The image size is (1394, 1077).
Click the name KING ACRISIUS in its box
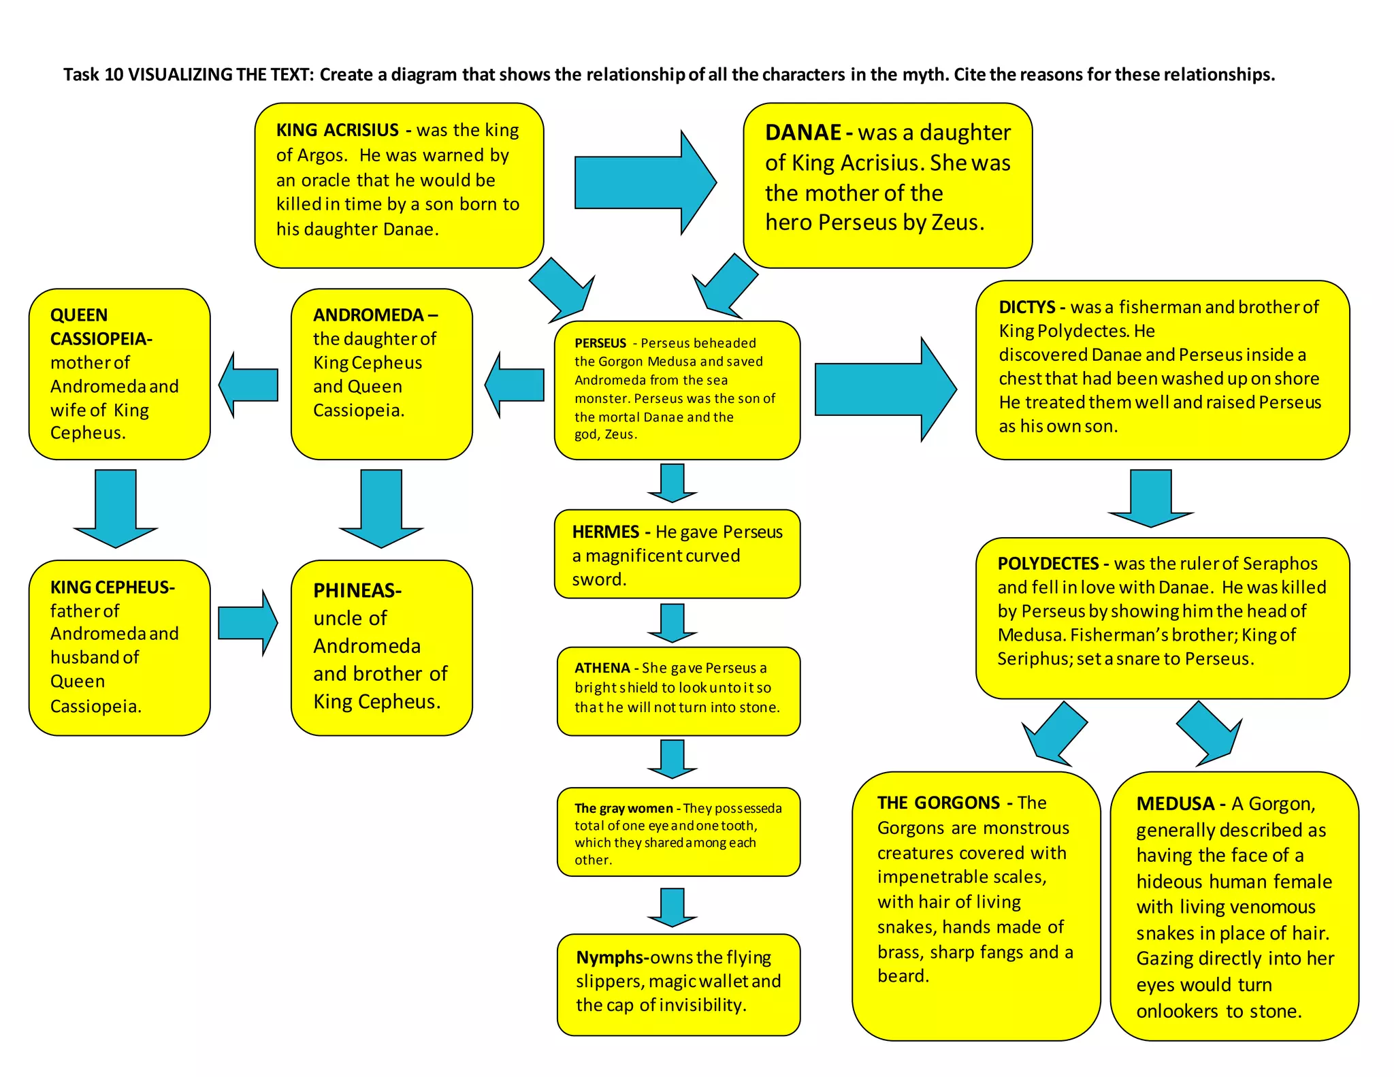(x=337, y=130)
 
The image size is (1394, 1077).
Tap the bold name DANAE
(x=803, y=132)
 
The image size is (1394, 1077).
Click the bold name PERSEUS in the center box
(x=600, y=343)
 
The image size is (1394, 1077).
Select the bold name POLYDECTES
(x=1048, y=564)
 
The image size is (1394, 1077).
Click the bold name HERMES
(x=605, y=532)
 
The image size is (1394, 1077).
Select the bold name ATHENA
(x=602, y=668)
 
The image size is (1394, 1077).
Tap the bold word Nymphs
(x=611, y=957)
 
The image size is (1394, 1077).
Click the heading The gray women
(x=623, y=808)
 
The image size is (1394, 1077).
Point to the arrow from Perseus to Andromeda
(x=515, y=385)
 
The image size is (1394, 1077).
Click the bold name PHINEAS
(x=355, y=590)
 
